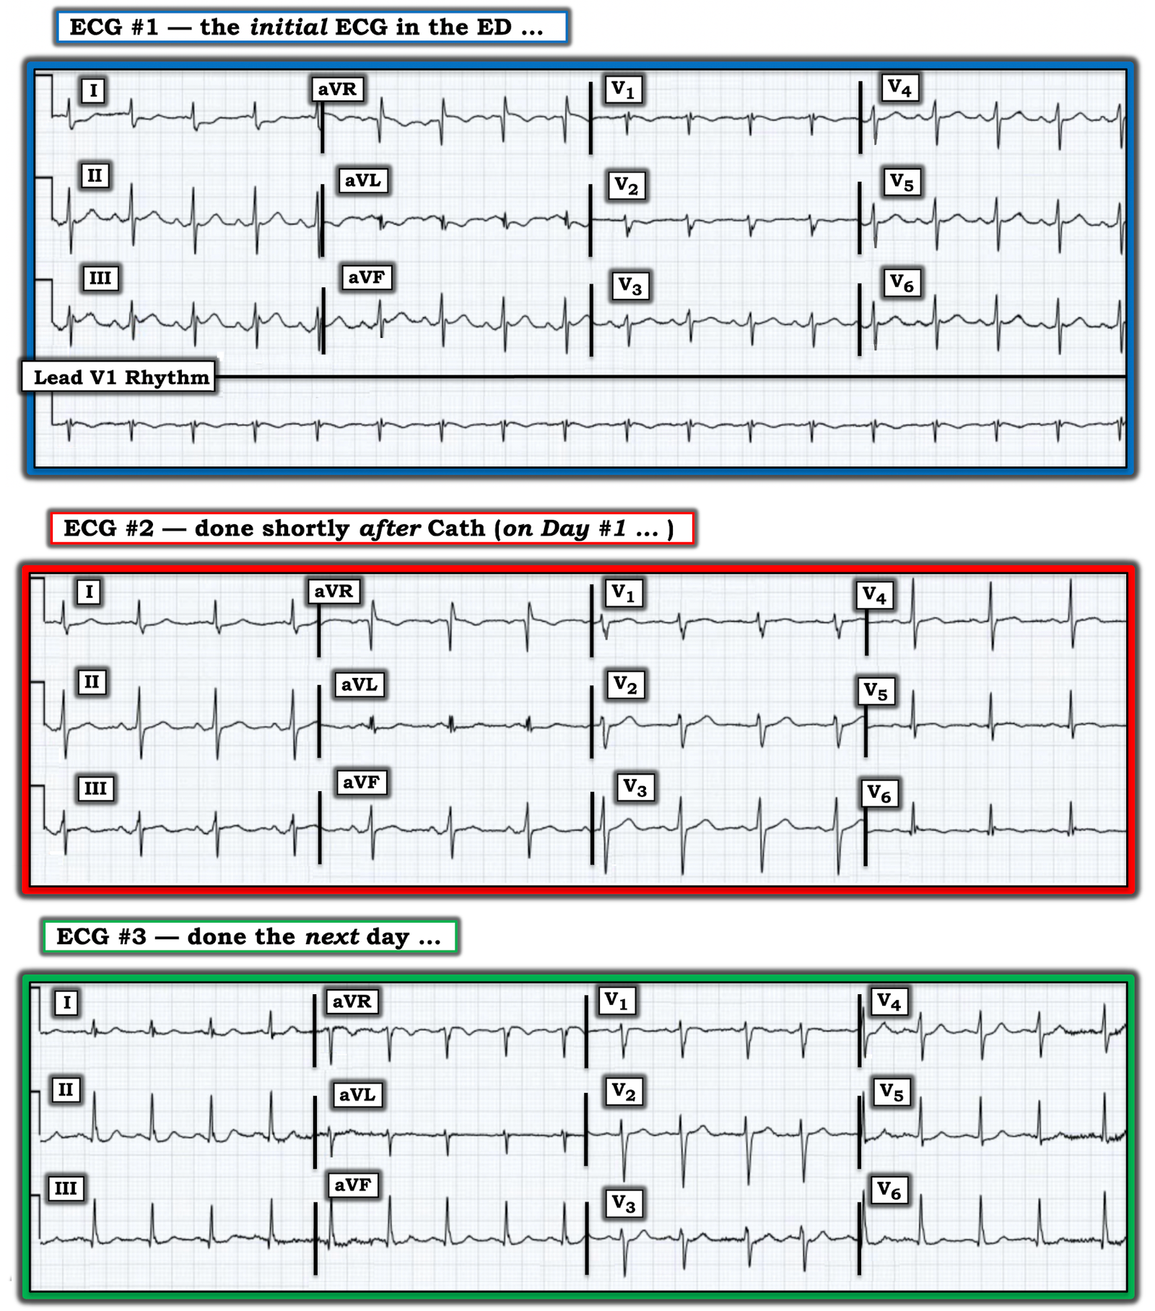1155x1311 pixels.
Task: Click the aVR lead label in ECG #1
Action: coord(337,89)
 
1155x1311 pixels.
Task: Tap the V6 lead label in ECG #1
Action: coord(902,283)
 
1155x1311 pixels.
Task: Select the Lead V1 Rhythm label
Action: coord(120,377)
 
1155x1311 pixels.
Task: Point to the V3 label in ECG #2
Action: coord(635,787)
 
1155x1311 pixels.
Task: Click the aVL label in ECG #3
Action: coord(357,1094)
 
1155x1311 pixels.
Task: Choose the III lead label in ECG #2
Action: coord(95,788)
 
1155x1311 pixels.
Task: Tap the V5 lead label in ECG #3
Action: coord(892,1092)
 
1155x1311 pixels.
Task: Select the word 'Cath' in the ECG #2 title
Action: coord(456,528)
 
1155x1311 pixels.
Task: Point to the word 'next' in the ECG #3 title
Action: coord(332,936)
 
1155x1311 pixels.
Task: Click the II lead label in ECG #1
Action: coord(95,175)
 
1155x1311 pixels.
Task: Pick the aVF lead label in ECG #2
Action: coord(361,782)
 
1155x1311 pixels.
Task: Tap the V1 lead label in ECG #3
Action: coord(616,1001)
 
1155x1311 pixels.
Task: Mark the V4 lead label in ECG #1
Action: coord(900,88)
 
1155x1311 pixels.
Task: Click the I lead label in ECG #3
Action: coord(67,1002)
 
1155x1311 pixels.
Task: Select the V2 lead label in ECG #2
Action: coord(625,684)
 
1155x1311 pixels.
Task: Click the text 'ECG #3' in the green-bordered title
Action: coord(101,936)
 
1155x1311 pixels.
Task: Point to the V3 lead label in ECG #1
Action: coord(630,286)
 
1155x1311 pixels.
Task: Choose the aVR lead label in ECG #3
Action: coord(352,1001)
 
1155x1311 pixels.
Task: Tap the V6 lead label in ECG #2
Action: coord(879,793)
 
